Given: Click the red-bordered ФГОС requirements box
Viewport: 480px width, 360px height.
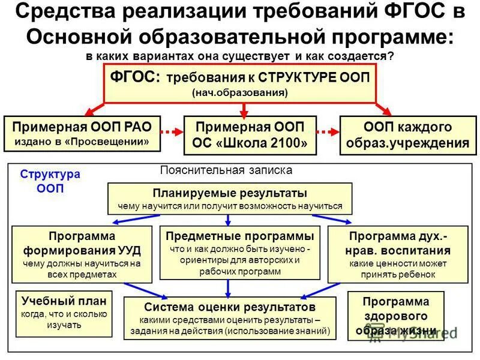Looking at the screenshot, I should click(240, 83).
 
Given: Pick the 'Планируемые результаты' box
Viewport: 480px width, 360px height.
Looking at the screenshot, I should click(230, 199).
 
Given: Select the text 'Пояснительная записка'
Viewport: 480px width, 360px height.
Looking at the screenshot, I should click(226, 170).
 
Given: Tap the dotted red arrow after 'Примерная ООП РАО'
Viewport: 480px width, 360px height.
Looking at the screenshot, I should click(172, 131).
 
